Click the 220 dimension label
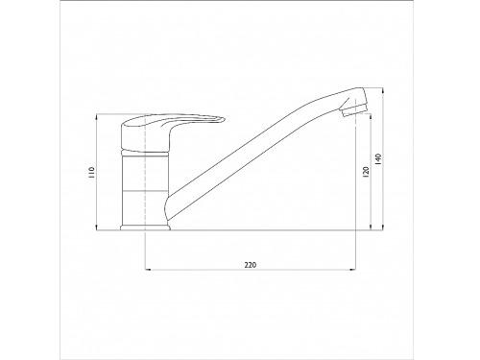[251, 265]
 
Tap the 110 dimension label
[92, 173]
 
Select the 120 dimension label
[367, 172]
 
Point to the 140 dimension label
[378, 159]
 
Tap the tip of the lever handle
[223, 120]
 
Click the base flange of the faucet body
[145, 228]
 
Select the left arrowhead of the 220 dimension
[148, 270]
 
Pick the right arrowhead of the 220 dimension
[353, 270]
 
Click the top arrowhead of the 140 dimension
[383, 90]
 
